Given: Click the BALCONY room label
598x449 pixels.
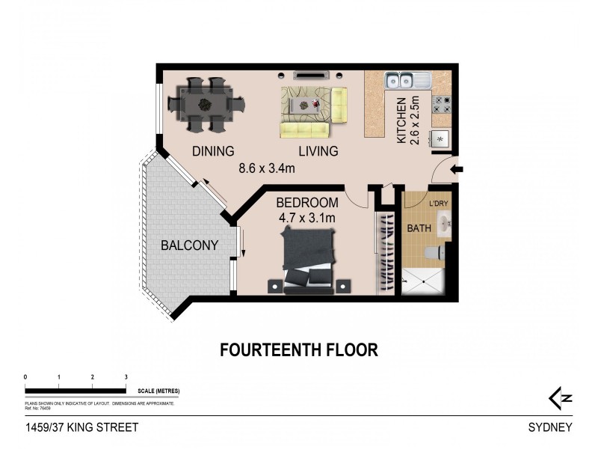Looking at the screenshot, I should point(190,245).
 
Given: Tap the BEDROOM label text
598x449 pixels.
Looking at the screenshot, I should point(306,203).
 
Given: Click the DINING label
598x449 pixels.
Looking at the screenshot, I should point(213,151).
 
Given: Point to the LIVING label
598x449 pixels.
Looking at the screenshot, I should point(318,151).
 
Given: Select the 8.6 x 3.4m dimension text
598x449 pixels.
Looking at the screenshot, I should point(267,168).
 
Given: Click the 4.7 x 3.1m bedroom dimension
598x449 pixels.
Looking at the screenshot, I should point(306,218).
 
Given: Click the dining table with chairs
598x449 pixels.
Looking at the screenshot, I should point(202,101).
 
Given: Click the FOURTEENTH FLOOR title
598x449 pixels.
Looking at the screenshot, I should point(298,349).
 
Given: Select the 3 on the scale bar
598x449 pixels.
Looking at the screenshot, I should point(126,376).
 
